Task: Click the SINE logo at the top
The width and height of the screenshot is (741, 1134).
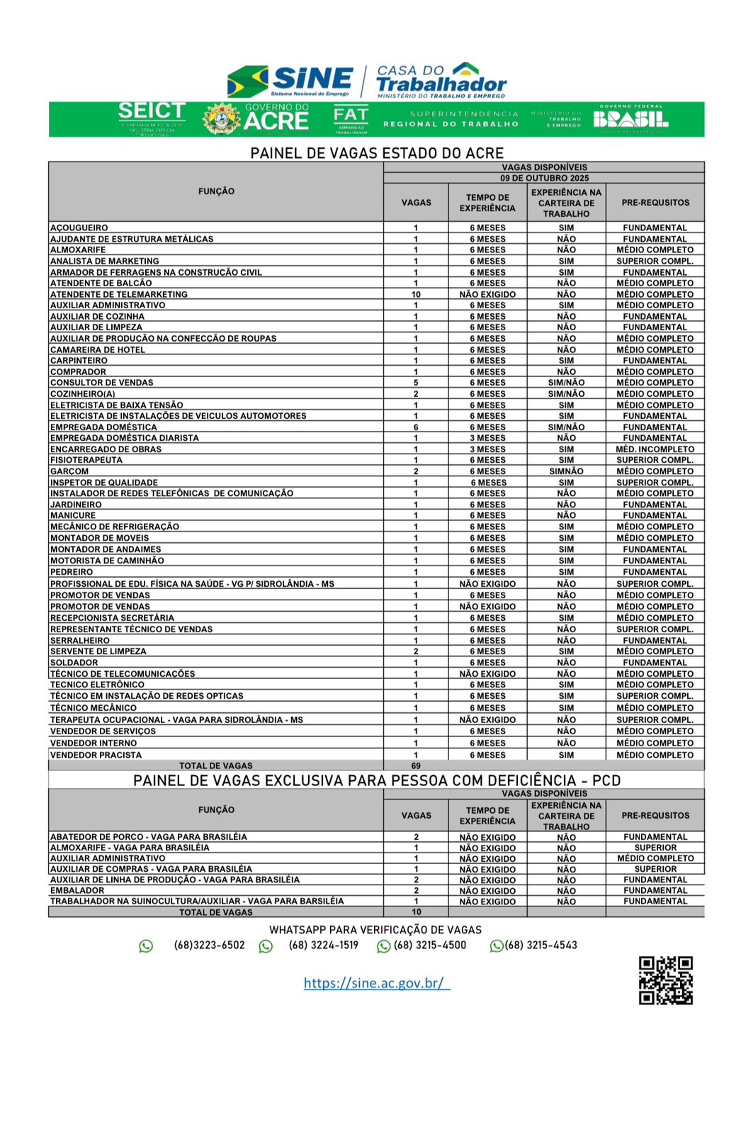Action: click(290, 81)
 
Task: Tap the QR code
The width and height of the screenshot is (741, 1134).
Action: click(665, 980)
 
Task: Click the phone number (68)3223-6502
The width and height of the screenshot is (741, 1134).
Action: click(209, 945)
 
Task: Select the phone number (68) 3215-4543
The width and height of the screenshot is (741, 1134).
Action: click(541, 945)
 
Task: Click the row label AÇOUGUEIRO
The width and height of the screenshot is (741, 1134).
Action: click(79, 228)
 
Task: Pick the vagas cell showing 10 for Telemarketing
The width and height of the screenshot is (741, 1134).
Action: click(416, 294)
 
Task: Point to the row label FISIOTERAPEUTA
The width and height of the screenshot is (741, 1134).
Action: click(86, 460)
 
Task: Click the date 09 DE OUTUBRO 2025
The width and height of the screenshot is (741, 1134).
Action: click(544, 179)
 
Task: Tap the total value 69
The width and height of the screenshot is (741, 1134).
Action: click(416, 765)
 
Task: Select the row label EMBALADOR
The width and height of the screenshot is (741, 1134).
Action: click(77, 891)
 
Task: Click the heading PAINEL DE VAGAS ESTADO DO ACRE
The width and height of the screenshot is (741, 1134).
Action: click(377, 153)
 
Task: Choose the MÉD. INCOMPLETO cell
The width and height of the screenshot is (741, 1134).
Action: click(655, 449)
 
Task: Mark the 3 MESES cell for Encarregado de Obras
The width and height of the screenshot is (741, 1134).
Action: click(487, 449)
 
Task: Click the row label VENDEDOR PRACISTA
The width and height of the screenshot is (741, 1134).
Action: click(96, 755)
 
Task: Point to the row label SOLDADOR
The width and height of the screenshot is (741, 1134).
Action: click(74, 663)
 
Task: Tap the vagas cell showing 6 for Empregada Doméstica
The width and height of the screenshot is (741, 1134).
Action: click(416, 427)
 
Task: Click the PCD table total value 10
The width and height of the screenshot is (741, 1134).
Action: click(417, 912)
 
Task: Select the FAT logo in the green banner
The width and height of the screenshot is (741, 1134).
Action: click(351, 118)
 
